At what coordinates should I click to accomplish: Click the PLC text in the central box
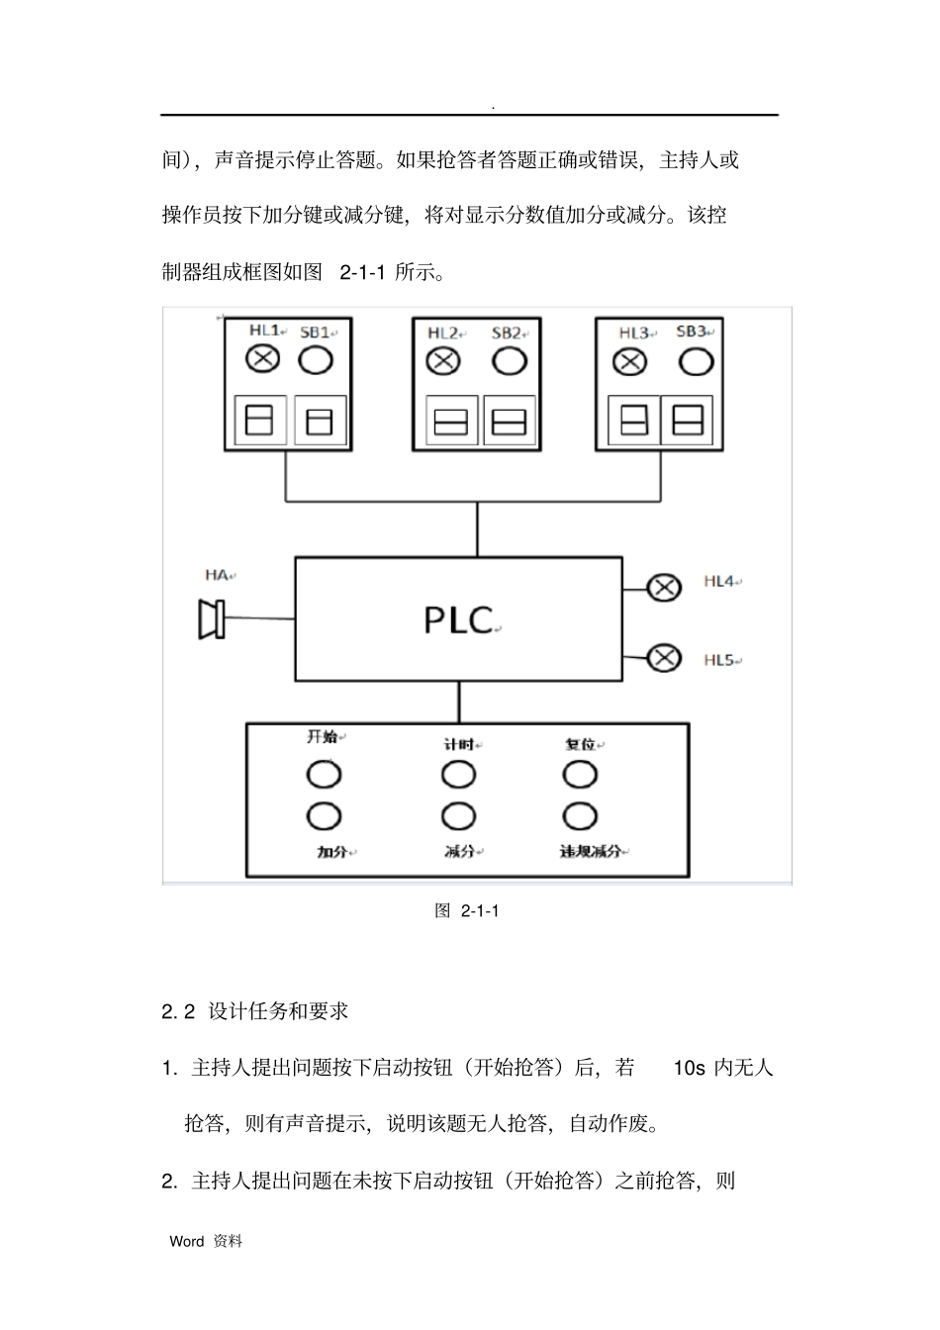pyautogui.click(x=458, y=619)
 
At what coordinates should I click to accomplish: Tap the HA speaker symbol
pyautogui.click(x=212, y=618)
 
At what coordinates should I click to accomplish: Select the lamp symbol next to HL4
pyautogui.click(x=664, y=588)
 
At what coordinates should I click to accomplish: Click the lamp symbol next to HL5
pyautogui.click(x=664, y=656)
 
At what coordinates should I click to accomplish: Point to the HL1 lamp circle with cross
pyautogui.click(x=262, y=359)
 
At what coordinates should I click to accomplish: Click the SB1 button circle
pyautogui.click(x=316, y=359)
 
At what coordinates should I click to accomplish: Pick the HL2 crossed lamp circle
pyautogui.click(x=443, y=361)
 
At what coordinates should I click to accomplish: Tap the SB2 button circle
pyautogui.click(x=509, y=361)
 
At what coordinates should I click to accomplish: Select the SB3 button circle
pyautogui.click(x=696, y=361)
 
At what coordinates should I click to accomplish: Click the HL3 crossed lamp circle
pyautogui.click(x=630, y=362)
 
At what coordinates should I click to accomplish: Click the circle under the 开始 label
pyautogui.click(x=324, y=774)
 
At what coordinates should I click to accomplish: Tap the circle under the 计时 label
pyautogui.click(x=458, y=774)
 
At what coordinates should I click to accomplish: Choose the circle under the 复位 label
pyautogui.click(x=580, y=773)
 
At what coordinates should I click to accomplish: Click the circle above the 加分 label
pyautogui.click(x=324, y=816)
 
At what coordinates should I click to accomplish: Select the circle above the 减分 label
pyautogui.click(x=458, y=816)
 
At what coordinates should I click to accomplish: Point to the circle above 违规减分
pyautogui.click(x=580, y=816)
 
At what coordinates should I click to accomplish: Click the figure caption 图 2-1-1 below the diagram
pyautogui.click(x=467, y=910)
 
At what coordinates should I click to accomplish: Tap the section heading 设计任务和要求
pyautogui.click(x=279, y=1011)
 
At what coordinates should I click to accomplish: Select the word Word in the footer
pyautogui.click(x=187, y=1241)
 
